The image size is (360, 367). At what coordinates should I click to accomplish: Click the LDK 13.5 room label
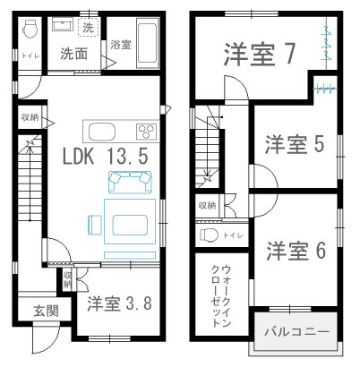(x=105, y=157)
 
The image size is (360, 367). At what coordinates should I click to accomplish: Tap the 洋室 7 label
(x=260, y=54)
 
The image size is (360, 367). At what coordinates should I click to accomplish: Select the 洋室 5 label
(x=295, y=144)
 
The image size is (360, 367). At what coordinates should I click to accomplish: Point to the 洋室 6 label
(x=296, y=251)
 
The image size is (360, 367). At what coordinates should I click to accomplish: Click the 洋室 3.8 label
(x=119, y=303)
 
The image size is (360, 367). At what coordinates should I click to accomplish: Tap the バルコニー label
(x=297, y=331)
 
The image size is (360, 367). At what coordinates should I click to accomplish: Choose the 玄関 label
(x=46, y=312)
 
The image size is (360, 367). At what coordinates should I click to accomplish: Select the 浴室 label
(x=121, y=45)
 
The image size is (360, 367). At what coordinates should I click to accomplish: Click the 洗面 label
(x=74, y=54)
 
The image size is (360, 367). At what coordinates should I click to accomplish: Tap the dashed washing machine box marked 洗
(x=88, y=28)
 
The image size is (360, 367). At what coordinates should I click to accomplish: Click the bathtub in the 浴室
(x=147, y=43)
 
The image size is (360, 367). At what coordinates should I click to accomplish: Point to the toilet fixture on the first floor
(x=30, y=30)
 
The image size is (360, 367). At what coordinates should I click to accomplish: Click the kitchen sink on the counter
(x=102, y=132)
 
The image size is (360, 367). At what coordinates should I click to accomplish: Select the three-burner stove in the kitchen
(x=146, y=132)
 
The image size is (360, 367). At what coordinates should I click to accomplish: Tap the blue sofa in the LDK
(x=130, y=182)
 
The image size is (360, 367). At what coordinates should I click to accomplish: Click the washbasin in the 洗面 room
(x=63, y=24)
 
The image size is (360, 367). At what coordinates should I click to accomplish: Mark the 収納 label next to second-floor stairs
(x=208, y=206)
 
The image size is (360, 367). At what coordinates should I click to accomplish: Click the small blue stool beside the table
(x=95, y=225)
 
